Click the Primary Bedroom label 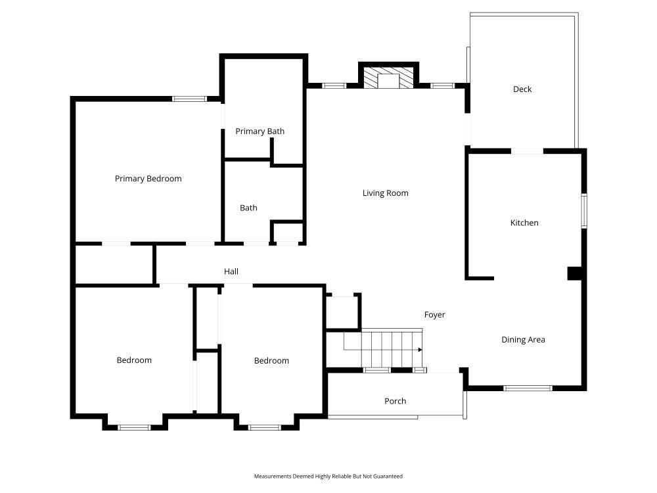coord(148,179)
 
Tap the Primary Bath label coord(260,131)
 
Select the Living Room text coord(386,193)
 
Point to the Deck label coord(522,89)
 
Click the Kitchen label coord(524,223)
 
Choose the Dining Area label coord(524,340)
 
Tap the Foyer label coord(434,315)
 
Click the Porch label coord(395,401)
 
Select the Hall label coord(231,271)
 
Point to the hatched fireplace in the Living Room coord(388,78)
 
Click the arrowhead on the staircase coord(420,350)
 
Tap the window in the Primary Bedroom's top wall coord(189,99)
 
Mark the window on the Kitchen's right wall coord(584,211)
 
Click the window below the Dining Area coord(528,388)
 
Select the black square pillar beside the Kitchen coord(574,273)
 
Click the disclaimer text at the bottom coord(328,476)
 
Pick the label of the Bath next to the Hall coord(248,208)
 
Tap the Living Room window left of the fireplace coord(334,86)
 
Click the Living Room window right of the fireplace coord(443,86)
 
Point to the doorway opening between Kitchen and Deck coord(527,151)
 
